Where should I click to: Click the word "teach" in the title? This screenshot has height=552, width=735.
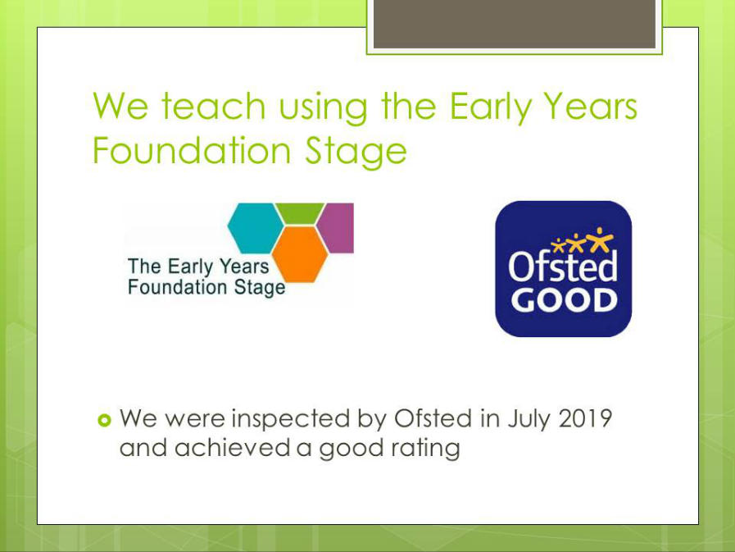tap(214, 106)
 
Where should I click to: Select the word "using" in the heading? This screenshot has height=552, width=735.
tap(323, 108)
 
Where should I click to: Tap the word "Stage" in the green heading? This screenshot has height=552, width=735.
tap(356, 152)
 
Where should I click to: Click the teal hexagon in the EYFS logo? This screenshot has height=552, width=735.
tap(256, 228)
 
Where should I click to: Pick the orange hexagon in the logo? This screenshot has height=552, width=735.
tap(300, 254)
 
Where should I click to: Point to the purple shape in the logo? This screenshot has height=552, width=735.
tap(336, 228)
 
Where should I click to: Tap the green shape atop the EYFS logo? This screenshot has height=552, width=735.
tap(300, 213)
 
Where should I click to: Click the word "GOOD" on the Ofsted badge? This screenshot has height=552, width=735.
tap(564, 301)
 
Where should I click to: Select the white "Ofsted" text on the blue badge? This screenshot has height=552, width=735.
tap(563, 266)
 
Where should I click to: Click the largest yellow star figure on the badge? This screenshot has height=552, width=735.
tap(600, 240)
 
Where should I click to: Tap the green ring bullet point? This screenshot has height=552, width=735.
tap(105, 420)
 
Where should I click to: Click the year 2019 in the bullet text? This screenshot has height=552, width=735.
tap(585, 417)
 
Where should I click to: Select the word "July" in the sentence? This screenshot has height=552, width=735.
tap(529, 419)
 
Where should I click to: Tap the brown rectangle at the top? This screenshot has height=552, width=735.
tap(515, 24)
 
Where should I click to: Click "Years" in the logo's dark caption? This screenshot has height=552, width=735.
tap(244, 267)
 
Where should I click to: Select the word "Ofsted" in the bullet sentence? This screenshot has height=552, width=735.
tap(433, 417)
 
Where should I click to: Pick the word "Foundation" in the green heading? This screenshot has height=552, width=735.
tap(193, 150)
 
